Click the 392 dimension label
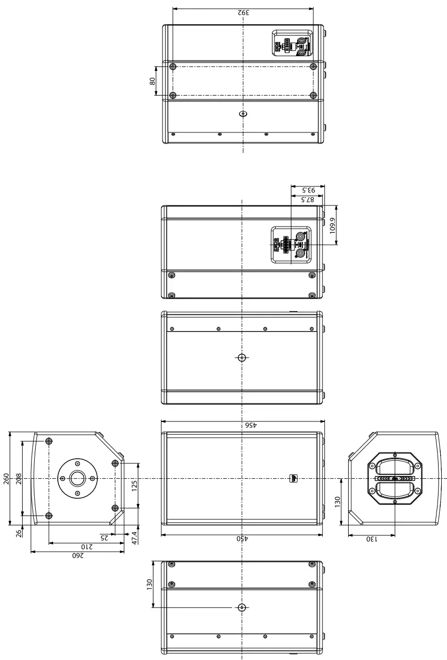coord(242,12)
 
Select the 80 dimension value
coord(153,81)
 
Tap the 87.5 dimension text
coord(307,200)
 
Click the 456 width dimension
coord(243,425)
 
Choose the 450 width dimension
coord(242,539)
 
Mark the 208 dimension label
coord(19,479)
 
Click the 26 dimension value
coord(19,533)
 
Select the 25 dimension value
coord(104,538)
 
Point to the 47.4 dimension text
coord(135,538)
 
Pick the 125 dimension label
coord(135,486)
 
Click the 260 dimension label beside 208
coord(6,479)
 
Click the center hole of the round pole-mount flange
coord(77,478)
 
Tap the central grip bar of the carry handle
coord(394,479)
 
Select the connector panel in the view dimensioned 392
coord(291,43)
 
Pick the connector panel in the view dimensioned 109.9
coord(290,245)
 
